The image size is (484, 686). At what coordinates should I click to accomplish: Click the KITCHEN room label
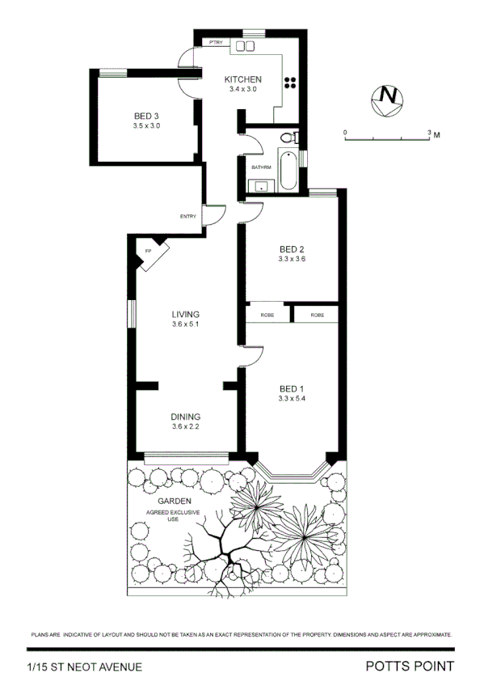[242, 78]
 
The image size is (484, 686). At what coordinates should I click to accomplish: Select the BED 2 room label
[291, 248]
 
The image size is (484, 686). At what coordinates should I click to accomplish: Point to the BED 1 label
[291, 387]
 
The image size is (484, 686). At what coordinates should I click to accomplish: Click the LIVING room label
[185, 314]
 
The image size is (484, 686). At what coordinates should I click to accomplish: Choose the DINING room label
[185, 417]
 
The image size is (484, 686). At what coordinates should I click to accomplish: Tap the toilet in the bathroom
[289, 138]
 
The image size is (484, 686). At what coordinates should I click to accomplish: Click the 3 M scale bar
[387, 138]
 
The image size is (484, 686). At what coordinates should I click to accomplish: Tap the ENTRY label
[187, 216]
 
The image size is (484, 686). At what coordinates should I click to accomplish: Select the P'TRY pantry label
[216, 41]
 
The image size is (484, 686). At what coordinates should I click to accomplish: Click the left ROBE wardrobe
[267, 314]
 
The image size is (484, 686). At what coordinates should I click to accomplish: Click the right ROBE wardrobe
[316, 314]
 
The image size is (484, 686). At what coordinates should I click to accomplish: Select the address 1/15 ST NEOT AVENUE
[84, 667]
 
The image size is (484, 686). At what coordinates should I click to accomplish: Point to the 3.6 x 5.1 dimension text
[185, 324]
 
